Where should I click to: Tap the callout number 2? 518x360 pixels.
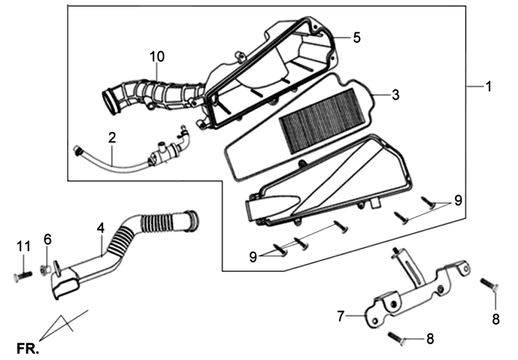click(112, 138)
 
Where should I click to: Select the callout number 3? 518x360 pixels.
click(395, 95)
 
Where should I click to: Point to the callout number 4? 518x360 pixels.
click(100, 228)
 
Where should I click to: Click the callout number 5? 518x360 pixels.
click(356, 37)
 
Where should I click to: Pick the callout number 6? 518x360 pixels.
click(47, 240)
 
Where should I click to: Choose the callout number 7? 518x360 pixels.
click(341, 316)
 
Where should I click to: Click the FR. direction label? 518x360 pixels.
click(28, 348)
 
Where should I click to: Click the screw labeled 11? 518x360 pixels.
click(21, 275)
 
